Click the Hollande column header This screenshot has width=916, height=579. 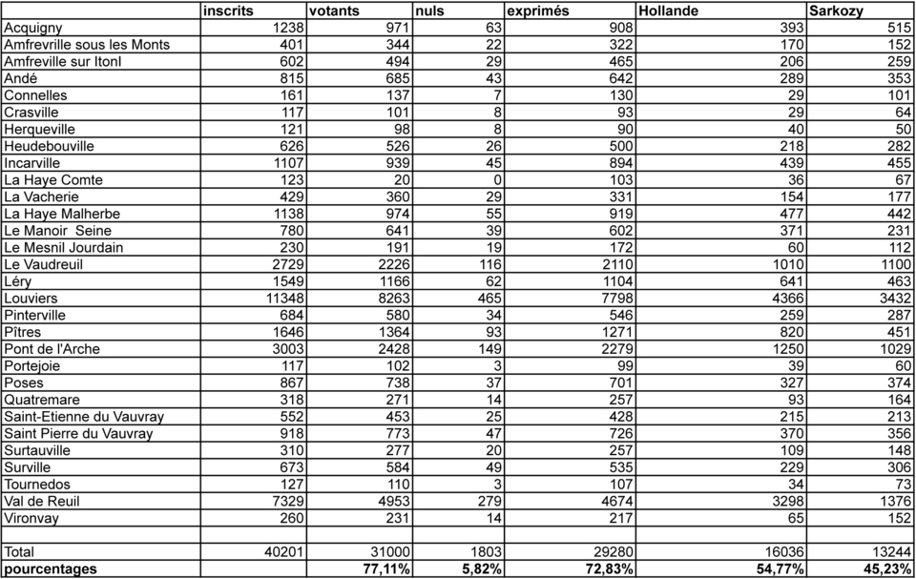(668, 10)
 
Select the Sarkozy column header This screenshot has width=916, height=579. (836, 10)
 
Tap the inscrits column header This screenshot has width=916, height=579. (228, 10)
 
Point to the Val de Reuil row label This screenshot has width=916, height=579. (40, 502)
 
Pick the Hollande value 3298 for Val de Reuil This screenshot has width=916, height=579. (769, 502)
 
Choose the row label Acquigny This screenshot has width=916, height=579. (32, 29)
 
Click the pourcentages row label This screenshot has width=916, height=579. (51, 569)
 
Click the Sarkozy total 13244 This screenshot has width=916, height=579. (888, 552)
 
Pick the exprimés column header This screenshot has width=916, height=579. (537, 10)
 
